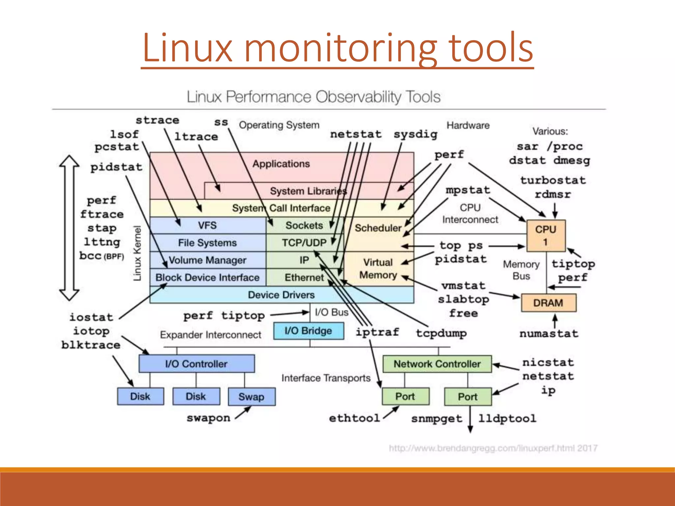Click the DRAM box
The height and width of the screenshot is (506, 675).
(x=548, y=303)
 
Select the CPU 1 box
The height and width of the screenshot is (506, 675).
(x=546, y=235)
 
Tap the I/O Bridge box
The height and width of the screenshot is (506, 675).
(x=308, y=331)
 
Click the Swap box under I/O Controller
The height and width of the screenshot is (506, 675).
(x=251, y=397)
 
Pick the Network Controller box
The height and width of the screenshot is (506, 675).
(x=437, y=364)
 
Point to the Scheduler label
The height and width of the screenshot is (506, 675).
(x=378, y=228)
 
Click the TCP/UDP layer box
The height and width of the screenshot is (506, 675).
(x=304, y=243)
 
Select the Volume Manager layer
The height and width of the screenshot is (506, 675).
(x=207, y=260)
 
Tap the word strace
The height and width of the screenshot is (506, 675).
(x=158, y=120)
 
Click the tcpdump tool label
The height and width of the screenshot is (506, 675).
(x=441, y=333)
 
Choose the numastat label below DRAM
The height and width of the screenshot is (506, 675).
(x=549, y=334)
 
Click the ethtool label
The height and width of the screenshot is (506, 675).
(x=354, y=418)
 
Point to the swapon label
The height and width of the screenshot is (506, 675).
(x=208, y=418)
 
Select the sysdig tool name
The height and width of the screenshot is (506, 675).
(x=415, y=134)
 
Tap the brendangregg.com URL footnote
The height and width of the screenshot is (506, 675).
(x=493, y=448)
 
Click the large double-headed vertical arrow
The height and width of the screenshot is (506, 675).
(x=69, y=227)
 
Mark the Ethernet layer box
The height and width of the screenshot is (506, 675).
(x=304, y=278)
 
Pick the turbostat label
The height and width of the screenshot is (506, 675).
(x=553, y=180)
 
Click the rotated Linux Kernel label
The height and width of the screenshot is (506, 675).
(x=137, y=253)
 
